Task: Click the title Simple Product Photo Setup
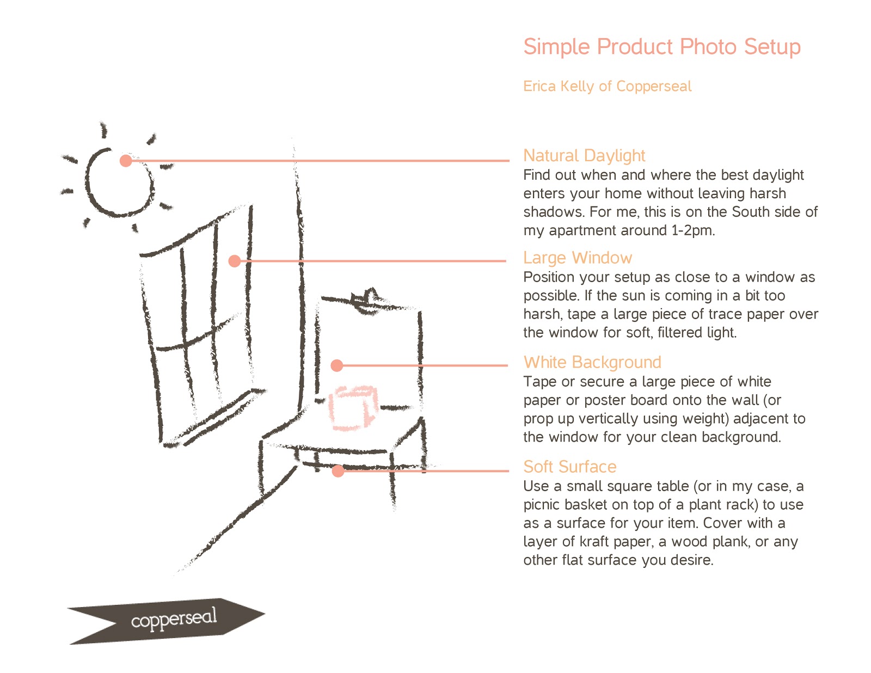[x=661, y=47]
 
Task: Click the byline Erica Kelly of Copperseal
[x=607, y=86]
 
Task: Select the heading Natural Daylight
[x=584, y=156]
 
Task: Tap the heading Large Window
[x=577, y=258]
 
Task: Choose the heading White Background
[x=592, y=362]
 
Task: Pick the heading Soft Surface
[x=569, y=467]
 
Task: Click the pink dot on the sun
[x=126, y=161]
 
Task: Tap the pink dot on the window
[x=235, y=261]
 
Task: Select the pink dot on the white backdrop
[x=337, y=365]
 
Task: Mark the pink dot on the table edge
[x=338, y=471]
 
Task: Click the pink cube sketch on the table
[x=352, y=408]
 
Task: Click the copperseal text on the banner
[x=174, y=619]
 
